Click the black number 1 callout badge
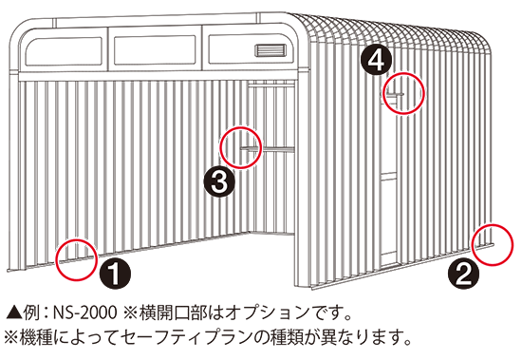pos(115,274)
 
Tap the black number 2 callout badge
pos(464,274)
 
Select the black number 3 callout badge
pos(220,182)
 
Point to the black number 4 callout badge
pos(377,61)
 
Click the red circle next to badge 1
pos(77,240)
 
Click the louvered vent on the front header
pos(270,50)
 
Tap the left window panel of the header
pos(64,51)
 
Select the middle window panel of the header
pos(155,50)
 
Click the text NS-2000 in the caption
pos(85,313)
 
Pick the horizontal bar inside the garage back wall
pos(268,149)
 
